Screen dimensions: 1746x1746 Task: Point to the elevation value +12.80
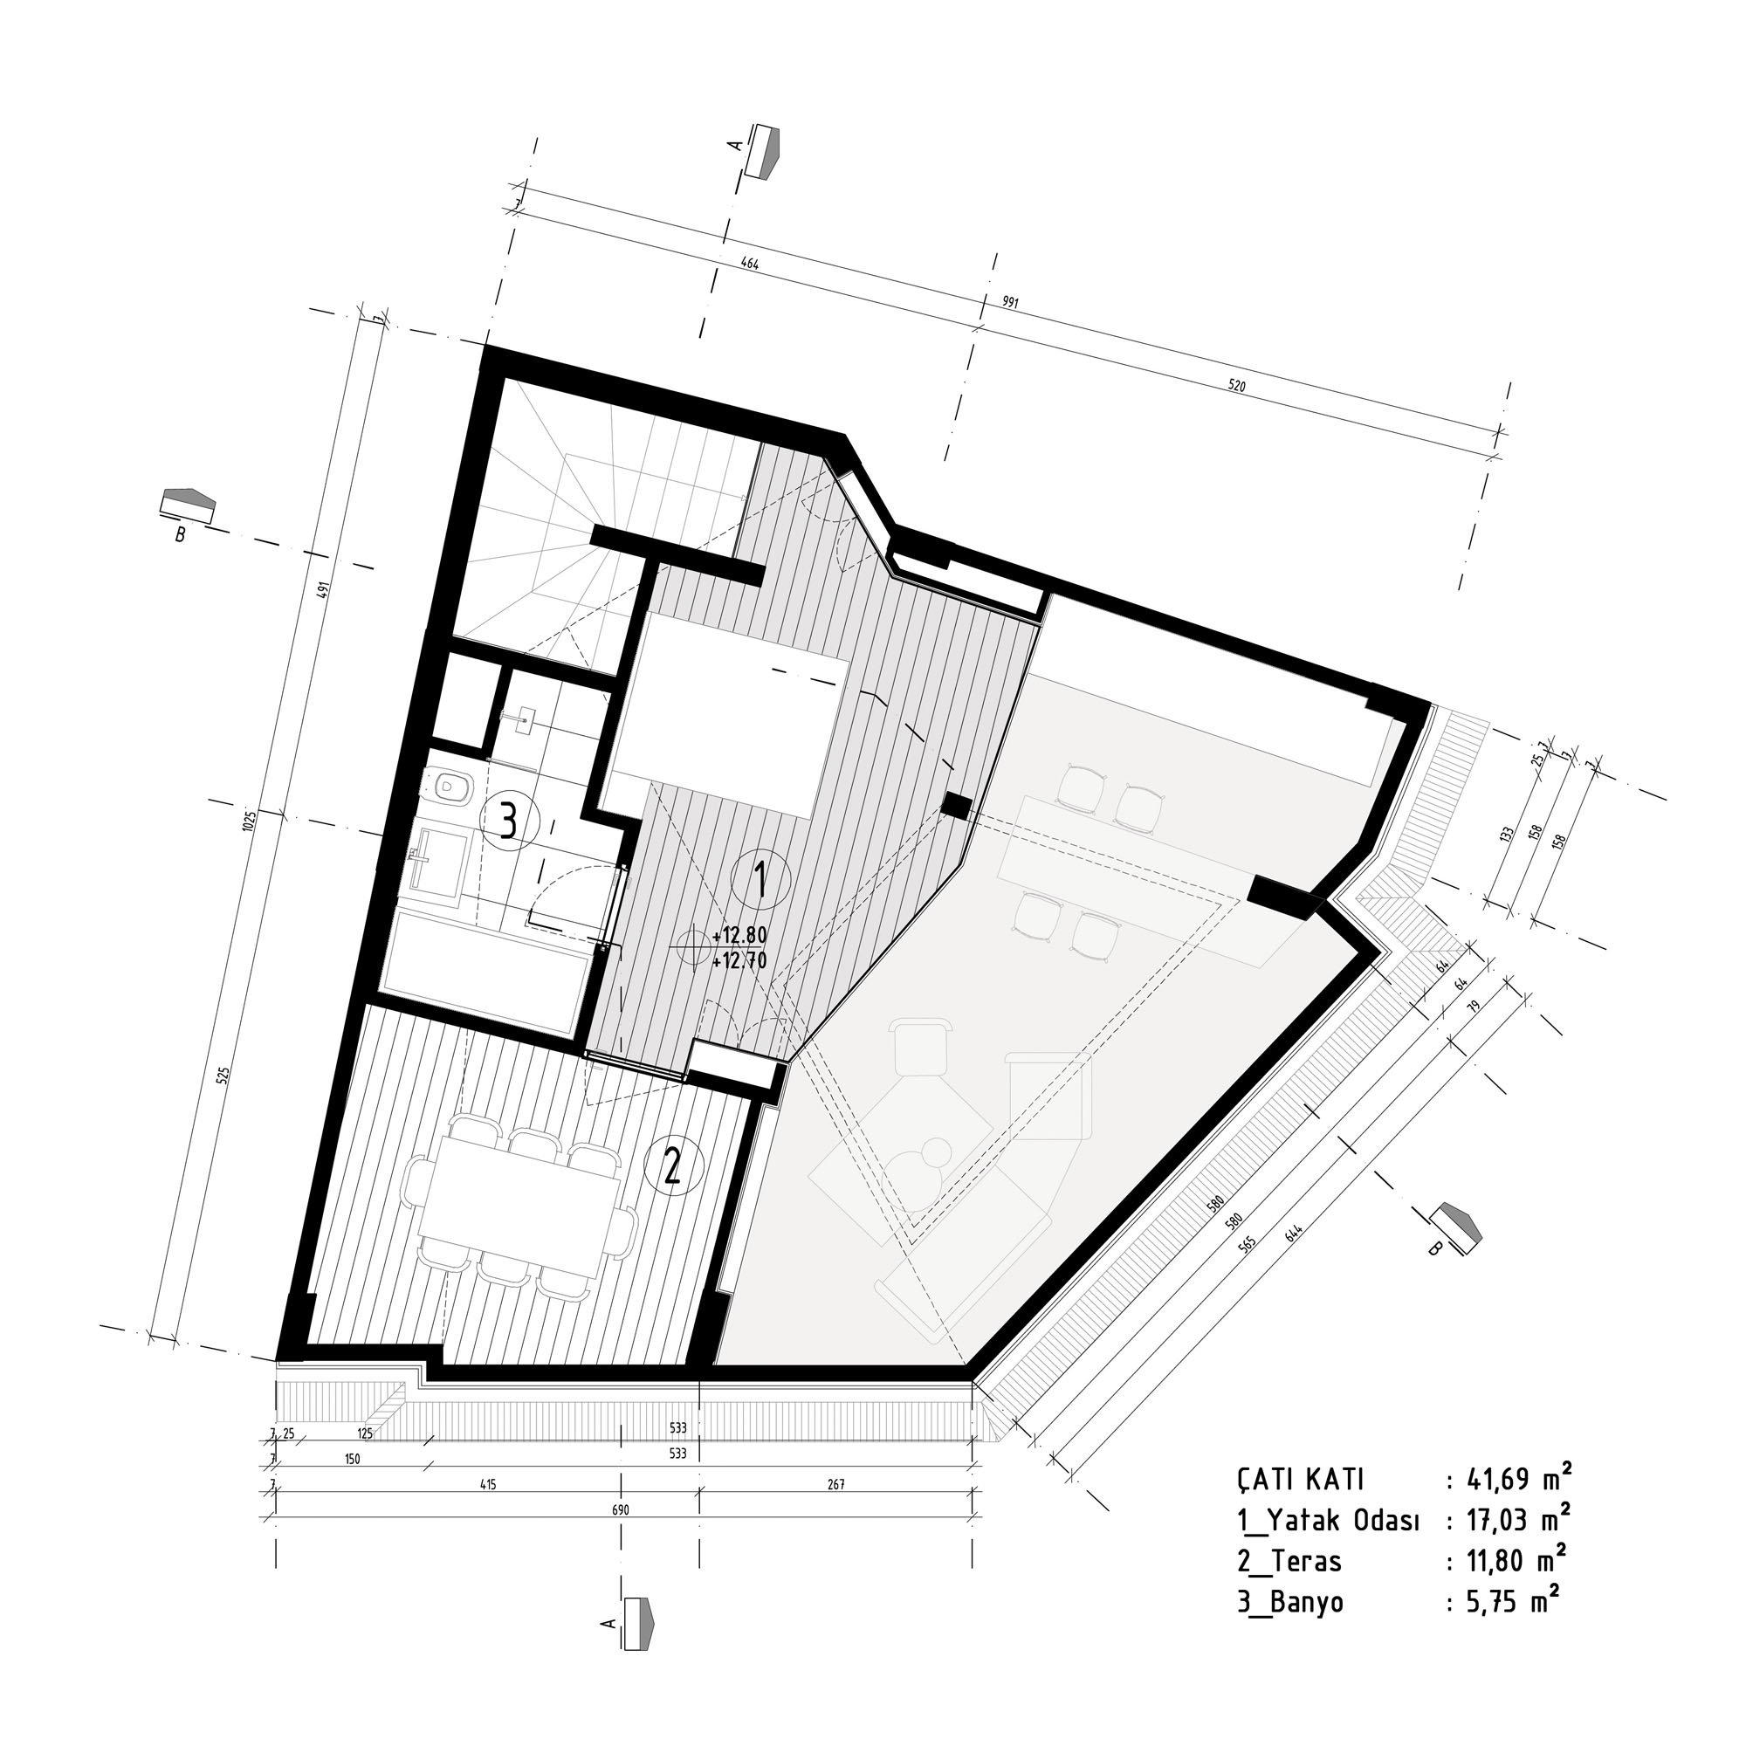coord(739,934)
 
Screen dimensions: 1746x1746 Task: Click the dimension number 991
coord(1009,303)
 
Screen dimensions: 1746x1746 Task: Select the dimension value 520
coord(1236,386)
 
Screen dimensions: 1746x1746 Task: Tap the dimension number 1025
coord(251,821)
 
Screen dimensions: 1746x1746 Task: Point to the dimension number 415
coord(488,1485)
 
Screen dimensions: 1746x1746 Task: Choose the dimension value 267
coord(836,1485)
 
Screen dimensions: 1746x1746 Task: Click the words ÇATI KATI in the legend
coord(1301,1481)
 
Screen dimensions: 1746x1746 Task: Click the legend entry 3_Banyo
coord(1289,1602)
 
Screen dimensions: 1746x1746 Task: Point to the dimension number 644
coord(1295,1231)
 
